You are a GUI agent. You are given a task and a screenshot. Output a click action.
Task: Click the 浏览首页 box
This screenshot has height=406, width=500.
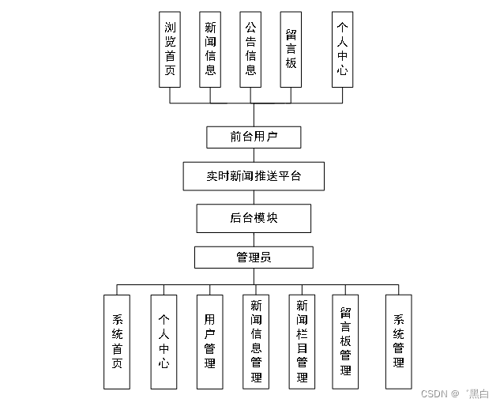[171, 49]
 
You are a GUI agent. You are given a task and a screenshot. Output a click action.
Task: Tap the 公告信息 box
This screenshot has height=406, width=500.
[251, 49]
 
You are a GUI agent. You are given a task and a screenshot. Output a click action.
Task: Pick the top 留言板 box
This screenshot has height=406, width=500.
[291, 49]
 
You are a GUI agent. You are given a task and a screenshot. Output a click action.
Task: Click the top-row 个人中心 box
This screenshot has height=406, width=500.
[342, 49]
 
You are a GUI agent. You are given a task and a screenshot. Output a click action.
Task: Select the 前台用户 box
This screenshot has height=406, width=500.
[254, 137]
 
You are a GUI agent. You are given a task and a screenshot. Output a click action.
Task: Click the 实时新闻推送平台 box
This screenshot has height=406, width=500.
[254, 176]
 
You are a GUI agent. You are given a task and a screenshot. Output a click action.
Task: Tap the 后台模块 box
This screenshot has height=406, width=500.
[254, 218]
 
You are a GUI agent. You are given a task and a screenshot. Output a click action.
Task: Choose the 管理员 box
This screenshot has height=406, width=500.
[254, 258]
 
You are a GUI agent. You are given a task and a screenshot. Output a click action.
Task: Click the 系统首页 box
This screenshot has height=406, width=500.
[117, 341]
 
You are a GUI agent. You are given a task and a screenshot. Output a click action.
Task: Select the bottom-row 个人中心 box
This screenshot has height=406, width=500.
[164, 341]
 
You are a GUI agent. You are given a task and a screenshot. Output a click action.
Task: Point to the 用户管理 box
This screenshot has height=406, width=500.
[209, 341]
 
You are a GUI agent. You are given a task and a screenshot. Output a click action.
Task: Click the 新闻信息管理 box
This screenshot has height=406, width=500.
[256, 341]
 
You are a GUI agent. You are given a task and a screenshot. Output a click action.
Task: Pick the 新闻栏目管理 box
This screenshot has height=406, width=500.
[302, 341]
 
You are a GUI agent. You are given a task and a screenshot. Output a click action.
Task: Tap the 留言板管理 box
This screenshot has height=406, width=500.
[345, 341]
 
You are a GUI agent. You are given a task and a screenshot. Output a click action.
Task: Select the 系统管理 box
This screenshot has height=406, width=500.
[398, 341]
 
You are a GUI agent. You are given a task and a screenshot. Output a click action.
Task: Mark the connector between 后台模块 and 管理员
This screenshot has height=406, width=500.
[254, 239]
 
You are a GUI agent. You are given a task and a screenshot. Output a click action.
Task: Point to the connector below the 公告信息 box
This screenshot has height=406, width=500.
[251, 95]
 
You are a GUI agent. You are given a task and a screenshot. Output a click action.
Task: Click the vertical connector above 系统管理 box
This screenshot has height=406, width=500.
[398, 289]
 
